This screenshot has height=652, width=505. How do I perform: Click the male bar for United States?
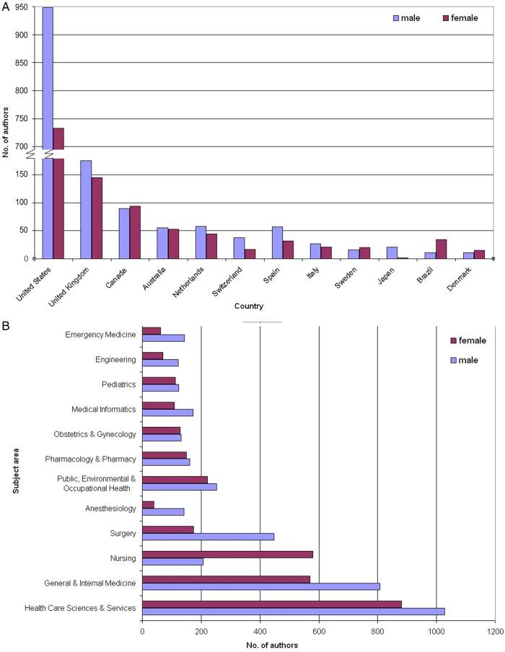48,130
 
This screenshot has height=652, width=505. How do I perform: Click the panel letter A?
6,6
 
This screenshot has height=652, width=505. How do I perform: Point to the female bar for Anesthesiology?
148,504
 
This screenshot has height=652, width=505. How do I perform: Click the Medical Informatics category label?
104,410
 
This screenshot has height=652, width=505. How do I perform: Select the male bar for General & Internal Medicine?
261,586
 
